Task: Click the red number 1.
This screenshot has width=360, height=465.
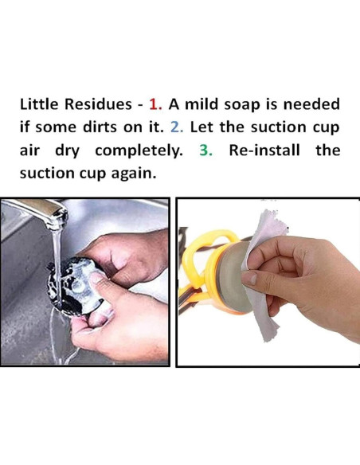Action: coord(155,104)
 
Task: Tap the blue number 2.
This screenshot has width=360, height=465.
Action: coord(177,127)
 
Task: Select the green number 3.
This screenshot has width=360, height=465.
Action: coord(205,150)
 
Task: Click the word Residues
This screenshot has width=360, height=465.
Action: coord(98,104)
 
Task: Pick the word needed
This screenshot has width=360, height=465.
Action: coord(311,104)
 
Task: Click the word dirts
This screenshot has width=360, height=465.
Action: coord(100,127)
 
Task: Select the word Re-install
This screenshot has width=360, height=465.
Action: coord(264,150)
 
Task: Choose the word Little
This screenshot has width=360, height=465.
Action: coord(39,104)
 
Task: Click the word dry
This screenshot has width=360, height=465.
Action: coord(68,151)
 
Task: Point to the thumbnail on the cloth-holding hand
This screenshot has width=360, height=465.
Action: coord(248,279)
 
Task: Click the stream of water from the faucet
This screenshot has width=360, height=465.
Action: coord(57,267)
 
